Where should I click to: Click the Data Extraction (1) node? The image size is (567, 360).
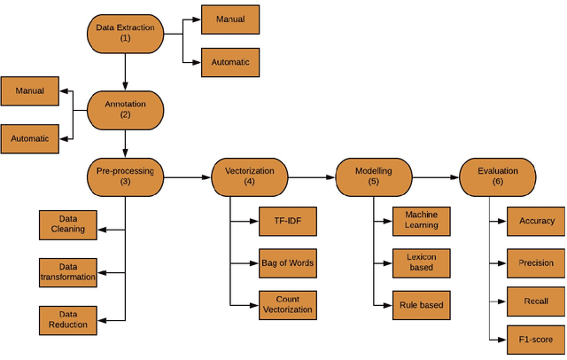[125, 33]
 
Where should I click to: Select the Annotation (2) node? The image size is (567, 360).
[125, 108]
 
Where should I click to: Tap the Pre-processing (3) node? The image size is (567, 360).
[125, 176]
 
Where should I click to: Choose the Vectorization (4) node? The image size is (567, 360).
[249, 176]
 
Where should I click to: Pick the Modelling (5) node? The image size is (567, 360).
[373, 176]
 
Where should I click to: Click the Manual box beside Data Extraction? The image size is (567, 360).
[230, 19]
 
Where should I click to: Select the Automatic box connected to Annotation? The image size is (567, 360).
[30, 138]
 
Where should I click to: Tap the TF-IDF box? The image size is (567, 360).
[287, 220]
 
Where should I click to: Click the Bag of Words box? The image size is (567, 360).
[287, 262]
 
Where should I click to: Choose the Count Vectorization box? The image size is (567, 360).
[287, 305]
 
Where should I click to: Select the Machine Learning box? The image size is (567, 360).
[422, 220]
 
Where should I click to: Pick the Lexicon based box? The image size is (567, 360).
[422, 262]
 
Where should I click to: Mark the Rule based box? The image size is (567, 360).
[422, 305]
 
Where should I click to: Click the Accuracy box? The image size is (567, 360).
[536, 221]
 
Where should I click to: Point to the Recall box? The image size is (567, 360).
[536, 301]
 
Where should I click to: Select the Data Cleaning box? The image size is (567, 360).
[67, 224]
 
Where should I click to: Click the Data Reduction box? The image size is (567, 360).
[67, 320]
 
